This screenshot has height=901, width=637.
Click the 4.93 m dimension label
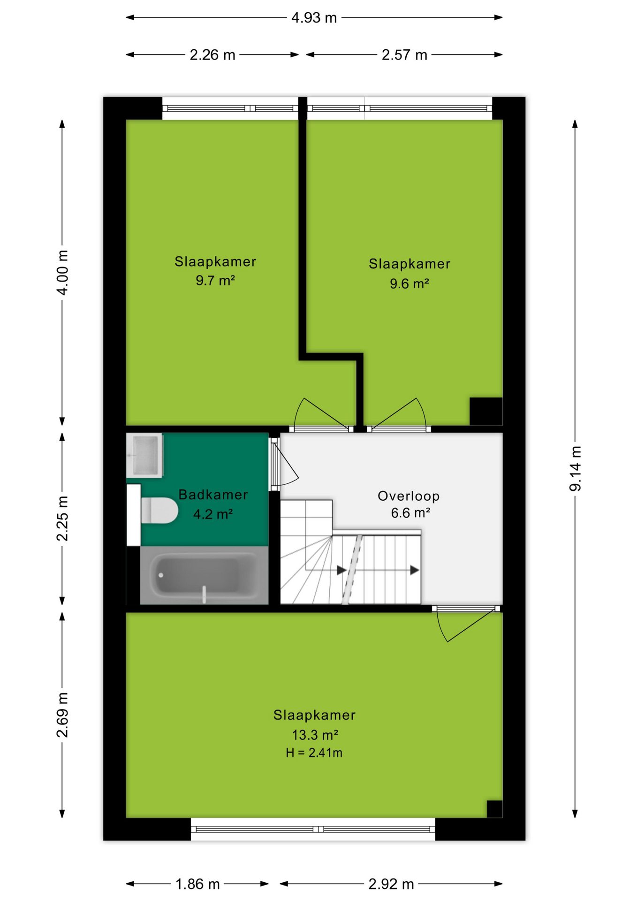pos(314,18)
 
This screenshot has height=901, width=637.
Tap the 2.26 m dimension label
pos(212,55)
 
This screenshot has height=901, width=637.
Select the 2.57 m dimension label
pos(404,55)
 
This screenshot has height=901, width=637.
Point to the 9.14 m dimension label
pos(576,469)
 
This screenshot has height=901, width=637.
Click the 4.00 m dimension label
pos(62,273)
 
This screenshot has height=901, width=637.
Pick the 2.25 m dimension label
pos(62,518)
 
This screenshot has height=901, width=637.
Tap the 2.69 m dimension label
pos(62,715)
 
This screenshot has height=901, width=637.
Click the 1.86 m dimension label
pos(197,884)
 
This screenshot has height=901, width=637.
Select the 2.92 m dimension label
pos(391,884)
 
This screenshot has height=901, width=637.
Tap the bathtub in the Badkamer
pos(204,575)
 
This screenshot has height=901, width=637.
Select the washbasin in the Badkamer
pos(144,456)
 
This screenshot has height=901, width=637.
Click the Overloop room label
pos(409,496)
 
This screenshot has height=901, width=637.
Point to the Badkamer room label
pos(213,495)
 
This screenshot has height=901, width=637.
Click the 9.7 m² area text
pos(215,281)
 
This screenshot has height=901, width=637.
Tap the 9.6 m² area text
pos(409,283)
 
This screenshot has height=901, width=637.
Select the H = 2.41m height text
pos(314,753)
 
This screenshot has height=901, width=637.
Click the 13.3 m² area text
pos(315,734)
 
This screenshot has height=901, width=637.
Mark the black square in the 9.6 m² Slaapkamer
pos(486,412)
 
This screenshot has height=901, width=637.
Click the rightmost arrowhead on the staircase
pos(415,570)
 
